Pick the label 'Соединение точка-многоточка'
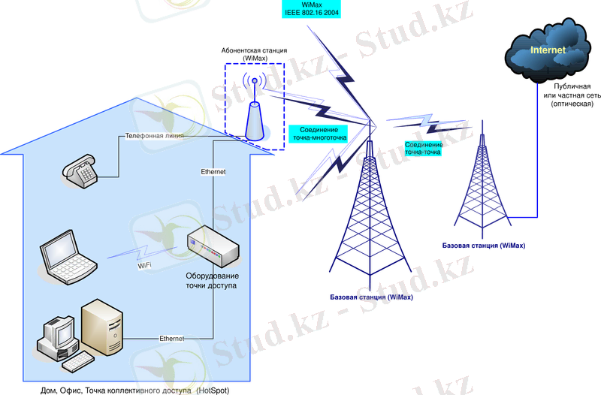pyautogui.click(x=319, y=134)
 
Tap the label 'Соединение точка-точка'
pyautogui.click(x=423, y=148)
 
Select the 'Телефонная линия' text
pyautogui.click(x=154, y=137)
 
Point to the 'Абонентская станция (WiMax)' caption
pyautogui.click(x=254, y=54)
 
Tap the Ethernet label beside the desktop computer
pyautogui.click(x=171, y=339)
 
